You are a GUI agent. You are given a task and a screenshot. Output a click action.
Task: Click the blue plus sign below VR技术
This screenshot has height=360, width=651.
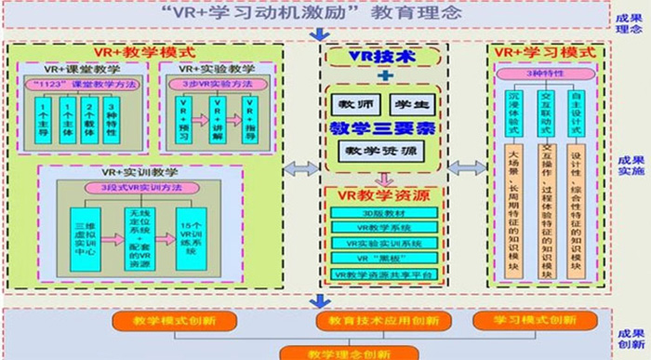pyautogui.click(x=382, y=76)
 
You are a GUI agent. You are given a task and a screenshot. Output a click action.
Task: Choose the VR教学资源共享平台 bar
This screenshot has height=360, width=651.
pyautogui.click(x=382, y=275)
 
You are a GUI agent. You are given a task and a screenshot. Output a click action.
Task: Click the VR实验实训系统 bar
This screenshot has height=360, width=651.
pyautogui.click(x=382, y=243)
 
